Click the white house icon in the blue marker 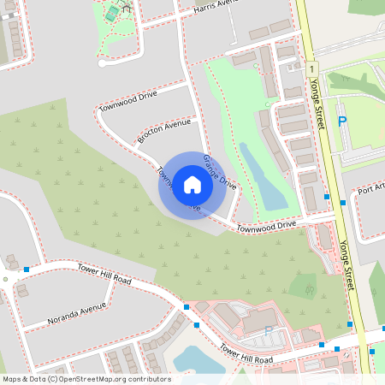point(192,184)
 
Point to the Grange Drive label point(219,171)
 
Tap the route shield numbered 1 point(314,67)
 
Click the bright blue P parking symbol point(342,122)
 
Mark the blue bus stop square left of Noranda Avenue point(27,269)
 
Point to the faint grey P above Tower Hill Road point(268,331)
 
